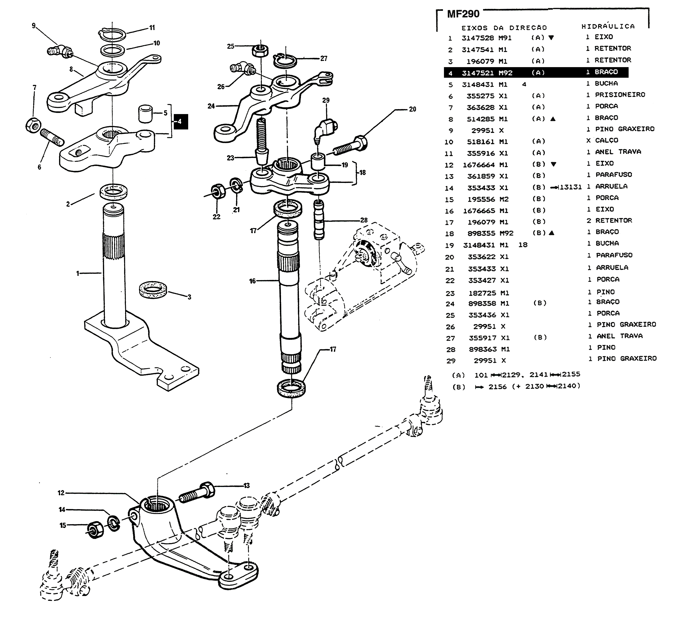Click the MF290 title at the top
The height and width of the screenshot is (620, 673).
click(463, 14)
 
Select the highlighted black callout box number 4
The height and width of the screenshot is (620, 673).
click(180, 121)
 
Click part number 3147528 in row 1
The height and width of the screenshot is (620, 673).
click(478, 38)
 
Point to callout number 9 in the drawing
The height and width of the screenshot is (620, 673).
click(34, 26)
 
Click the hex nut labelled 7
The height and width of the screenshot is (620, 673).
click(33, 125)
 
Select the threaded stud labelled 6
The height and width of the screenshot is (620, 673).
click(52, 138)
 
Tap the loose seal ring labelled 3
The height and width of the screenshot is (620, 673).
click(153, 289)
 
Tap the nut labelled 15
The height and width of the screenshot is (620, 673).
click(95, 529)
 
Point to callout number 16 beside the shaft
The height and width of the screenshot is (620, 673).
click(252, 281)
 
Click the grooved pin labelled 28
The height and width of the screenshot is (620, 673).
click(319, 220)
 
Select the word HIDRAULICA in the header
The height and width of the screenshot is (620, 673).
click(608, 26)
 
